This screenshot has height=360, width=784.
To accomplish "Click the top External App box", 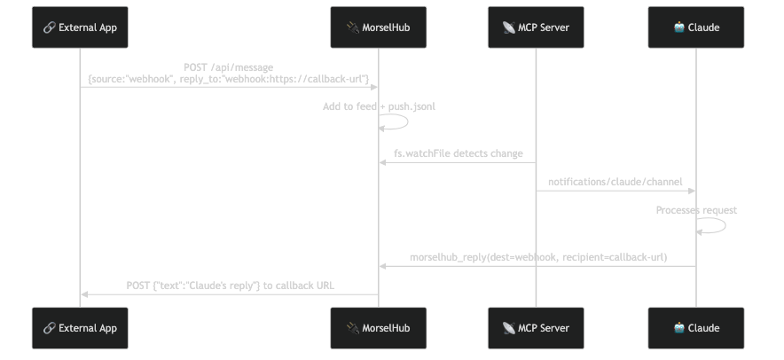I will click(x=80, y=27).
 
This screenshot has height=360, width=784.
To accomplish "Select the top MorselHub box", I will click(x=379, y=27).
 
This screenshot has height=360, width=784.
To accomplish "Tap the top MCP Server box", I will click(x=536, y=27).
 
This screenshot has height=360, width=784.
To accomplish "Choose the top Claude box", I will click(x=696, y=27).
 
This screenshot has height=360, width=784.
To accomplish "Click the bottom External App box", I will click(x=80, y=329).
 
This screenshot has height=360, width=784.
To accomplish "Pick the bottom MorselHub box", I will click(x=379, y=329).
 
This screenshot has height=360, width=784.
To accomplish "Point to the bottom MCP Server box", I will click(x=536, y=329).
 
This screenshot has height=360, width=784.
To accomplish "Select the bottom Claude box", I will click(x=696, y=329).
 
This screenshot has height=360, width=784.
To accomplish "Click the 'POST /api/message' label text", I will click(x=229, y=67).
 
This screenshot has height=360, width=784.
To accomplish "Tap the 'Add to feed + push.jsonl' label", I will click(x=379, y=106).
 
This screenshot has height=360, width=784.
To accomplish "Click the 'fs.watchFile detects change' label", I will click(x=458, y=153).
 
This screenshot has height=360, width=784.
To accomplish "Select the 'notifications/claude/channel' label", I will click(x=615, y=182).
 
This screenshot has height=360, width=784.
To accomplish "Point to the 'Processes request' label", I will click(x=696, y=210).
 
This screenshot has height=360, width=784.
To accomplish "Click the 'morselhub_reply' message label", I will click(x=537, y=257).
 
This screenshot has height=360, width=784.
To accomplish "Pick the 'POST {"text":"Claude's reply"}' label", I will click(x=230, y=286).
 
